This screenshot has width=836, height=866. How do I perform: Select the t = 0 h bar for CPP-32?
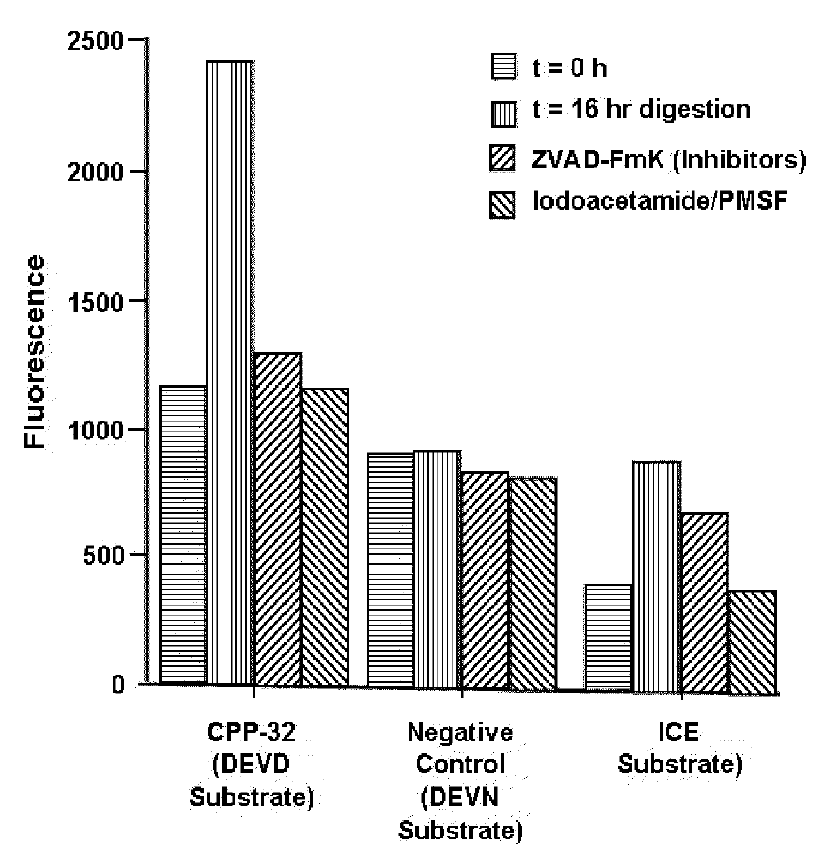tap(183, 535)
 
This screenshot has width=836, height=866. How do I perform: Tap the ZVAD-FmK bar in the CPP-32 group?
tap(277, 519)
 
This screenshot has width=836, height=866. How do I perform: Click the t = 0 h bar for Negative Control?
tap(390, 570)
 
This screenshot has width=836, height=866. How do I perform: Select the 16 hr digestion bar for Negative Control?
tap(438, 569)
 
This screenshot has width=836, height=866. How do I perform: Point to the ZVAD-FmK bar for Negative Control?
tap(485, 580)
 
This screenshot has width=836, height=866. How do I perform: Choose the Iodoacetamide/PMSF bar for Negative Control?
tap(532, 582)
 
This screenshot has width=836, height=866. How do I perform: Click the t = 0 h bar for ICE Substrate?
tap(608, 638)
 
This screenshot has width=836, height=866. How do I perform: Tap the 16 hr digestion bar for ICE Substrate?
tap(656, 576)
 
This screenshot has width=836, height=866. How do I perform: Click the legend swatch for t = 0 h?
tap(504, 67)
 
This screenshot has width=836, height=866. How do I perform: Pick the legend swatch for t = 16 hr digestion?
tap(504, 112)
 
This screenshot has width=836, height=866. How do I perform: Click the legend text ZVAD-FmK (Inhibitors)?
tap(668, 159)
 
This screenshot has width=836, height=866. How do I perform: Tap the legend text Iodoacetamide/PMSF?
tap(659, 202)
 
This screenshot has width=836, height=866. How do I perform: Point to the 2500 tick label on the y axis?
tap(96, 42)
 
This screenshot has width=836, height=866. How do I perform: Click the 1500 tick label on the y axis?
tap(96, 301)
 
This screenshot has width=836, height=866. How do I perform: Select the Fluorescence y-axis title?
tap(35, 352)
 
